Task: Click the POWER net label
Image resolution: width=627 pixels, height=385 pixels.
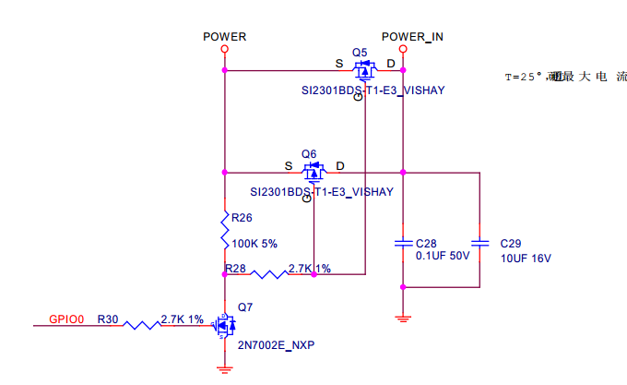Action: (x=224, y=37)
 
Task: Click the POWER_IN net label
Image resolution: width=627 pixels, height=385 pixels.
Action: (x=412, y=37)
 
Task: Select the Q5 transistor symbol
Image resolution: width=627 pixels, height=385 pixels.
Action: (x=365, y=69)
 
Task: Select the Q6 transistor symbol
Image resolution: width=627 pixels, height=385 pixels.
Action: (x=313, y=171)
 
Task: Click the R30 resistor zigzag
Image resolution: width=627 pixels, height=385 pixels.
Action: (x=141, y=324)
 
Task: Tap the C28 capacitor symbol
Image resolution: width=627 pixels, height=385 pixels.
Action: (x=403, y=244)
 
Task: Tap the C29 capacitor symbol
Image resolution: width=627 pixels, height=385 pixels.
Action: (x=481, y=244)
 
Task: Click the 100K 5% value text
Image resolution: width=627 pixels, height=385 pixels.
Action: (x=254, y=244)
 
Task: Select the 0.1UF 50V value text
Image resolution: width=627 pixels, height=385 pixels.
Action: (x=443, y=257)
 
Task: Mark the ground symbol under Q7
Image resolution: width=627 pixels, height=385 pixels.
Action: (x=223, y=368)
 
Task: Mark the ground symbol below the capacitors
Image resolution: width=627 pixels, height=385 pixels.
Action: (x=403, y=319)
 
